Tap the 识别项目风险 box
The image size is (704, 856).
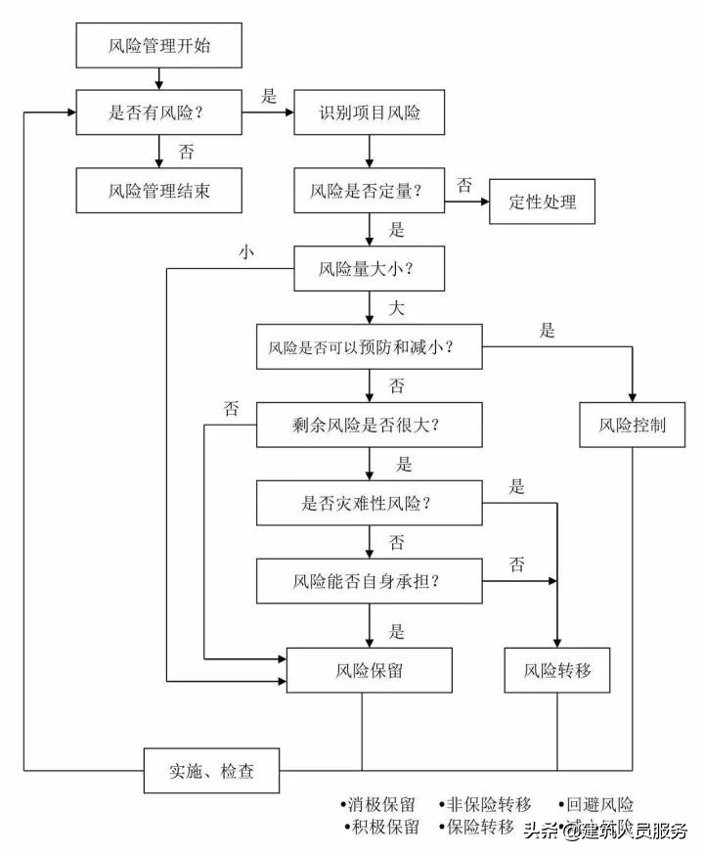[370, 113]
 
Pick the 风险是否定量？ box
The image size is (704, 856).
[370, 190]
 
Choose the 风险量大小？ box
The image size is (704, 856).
[370, 267]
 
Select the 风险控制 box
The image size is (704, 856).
[634, 426]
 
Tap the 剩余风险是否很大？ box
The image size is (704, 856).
[370, 426]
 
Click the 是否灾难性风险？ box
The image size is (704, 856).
[370, 503]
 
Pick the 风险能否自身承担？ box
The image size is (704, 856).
[370, 581]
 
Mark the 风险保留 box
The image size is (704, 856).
[370, 671]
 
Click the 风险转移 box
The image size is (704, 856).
[557, 671]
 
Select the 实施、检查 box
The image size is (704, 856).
[212, 771]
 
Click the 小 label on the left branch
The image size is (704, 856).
[245, 251]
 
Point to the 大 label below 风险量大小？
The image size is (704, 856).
[396, 308]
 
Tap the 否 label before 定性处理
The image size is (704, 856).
[465, 184]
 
